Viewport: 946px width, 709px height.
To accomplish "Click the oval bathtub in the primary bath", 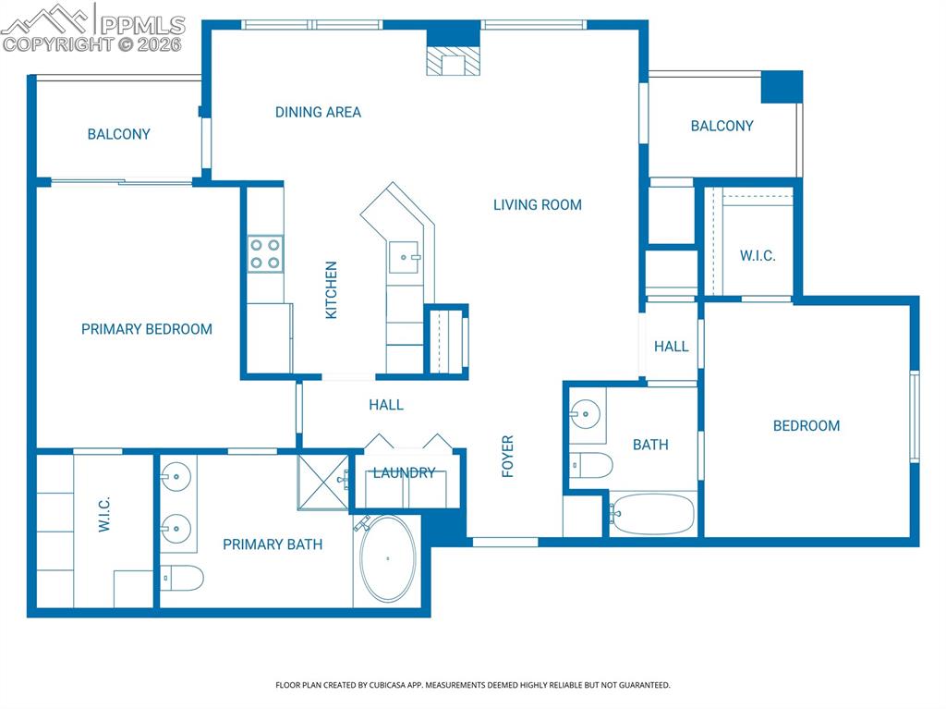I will [x=388, y=559].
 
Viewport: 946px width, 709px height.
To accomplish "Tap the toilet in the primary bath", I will [x=183, y=579].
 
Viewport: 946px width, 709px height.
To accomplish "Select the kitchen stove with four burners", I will [x=265, y=254].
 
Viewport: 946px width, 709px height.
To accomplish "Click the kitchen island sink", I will [x=405, y=257].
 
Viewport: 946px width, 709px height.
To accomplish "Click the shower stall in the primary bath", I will [x=323, y=481].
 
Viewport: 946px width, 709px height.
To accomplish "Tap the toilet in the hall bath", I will [x=591, y=465].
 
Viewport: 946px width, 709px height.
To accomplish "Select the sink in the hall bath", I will [x=585, y=413].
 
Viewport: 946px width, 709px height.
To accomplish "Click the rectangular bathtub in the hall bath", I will [x=652, y=514].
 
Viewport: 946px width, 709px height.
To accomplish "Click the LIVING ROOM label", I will [x=537, y=204].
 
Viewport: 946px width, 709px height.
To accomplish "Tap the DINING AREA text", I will [x=318, y=112].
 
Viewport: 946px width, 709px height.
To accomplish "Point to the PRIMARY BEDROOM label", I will [x=147, y=329].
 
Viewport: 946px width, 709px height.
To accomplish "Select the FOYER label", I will [x=507, y=456].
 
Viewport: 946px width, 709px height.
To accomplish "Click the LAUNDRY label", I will [x=404, y=472].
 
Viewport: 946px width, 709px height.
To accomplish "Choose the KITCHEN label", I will [x=331, y=290].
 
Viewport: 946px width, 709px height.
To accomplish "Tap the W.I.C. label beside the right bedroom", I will [x=758, y=256].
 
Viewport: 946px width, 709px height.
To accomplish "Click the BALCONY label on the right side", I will [x=722, y=126].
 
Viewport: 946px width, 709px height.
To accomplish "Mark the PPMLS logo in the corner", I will [x=92, y=28].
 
